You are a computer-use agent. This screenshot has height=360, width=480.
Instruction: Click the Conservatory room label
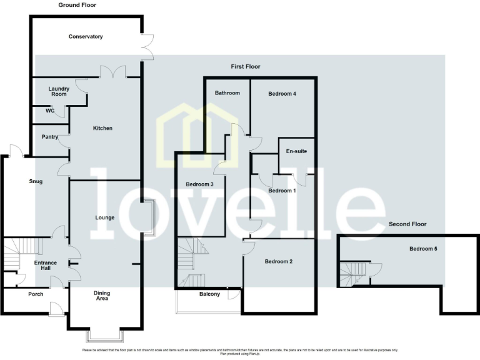[x=86, y=37]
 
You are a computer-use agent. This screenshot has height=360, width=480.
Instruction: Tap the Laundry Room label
[x=58, y=91]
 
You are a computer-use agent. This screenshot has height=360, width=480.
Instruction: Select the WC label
[x=50, y=111]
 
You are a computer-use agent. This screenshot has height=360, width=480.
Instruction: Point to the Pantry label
[x=50, y=136]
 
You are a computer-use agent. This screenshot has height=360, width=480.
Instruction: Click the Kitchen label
[x=102, y=128]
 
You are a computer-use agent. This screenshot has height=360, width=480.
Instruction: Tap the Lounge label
[x=104, y=217]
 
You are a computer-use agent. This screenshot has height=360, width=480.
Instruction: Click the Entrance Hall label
[x=45, y=266]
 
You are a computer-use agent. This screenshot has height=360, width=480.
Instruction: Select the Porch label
[x=36, y=294]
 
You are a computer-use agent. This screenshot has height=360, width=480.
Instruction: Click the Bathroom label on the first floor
[x=227, y=93]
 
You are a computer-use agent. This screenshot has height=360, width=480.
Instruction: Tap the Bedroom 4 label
[x=282, y=94]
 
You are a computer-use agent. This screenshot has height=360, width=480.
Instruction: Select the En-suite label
[x=296, y=151]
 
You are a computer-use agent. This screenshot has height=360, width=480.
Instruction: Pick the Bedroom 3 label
[x=200, y=184]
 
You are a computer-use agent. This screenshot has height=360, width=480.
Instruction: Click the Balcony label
[x=209, y=294]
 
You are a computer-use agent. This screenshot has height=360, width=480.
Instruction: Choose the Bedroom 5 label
[x=423, y=249]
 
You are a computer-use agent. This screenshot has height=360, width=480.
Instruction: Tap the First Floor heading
[x=245, y=66]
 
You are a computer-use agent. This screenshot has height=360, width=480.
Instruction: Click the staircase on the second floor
[x=352, y=271]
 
